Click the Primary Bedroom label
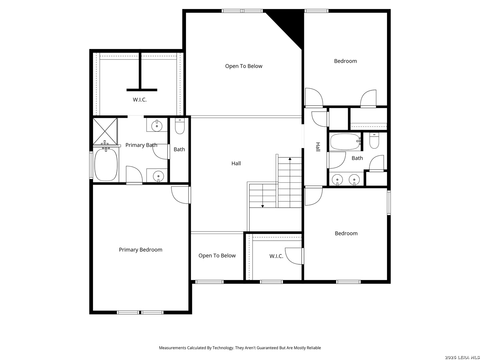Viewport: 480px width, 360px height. pyautogui.click(x=140, y=250)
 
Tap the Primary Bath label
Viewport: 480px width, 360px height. pyautogui.click(x=141, y=145)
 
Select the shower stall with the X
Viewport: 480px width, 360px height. pyautogui.click(x=105, y=131)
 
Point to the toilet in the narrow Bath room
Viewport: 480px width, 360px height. pyautogui.click(x=180, y=126)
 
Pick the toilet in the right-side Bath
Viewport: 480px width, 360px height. pyautogui.click(x=374, y=141)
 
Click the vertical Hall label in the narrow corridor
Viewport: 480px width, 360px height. pyautogui.click(x=318, y=147)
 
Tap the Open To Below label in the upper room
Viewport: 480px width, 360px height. pyautogui.click(x=244, y=66)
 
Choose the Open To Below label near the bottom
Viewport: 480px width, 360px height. pyautogui.click(x=217, y=256)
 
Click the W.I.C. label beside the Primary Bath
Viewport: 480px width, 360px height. pyautogui.click(x=140, y=100)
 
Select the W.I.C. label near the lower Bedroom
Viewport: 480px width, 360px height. pyautogui.click(x=276, y=256)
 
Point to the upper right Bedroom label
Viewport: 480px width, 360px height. pyautogui.click(x=345, y=61)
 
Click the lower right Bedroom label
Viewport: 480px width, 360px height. pyautogui.click(x=346, y=233)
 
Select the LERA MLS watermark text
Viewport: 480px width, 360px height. pyautogui.click(x=462, y=357)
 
